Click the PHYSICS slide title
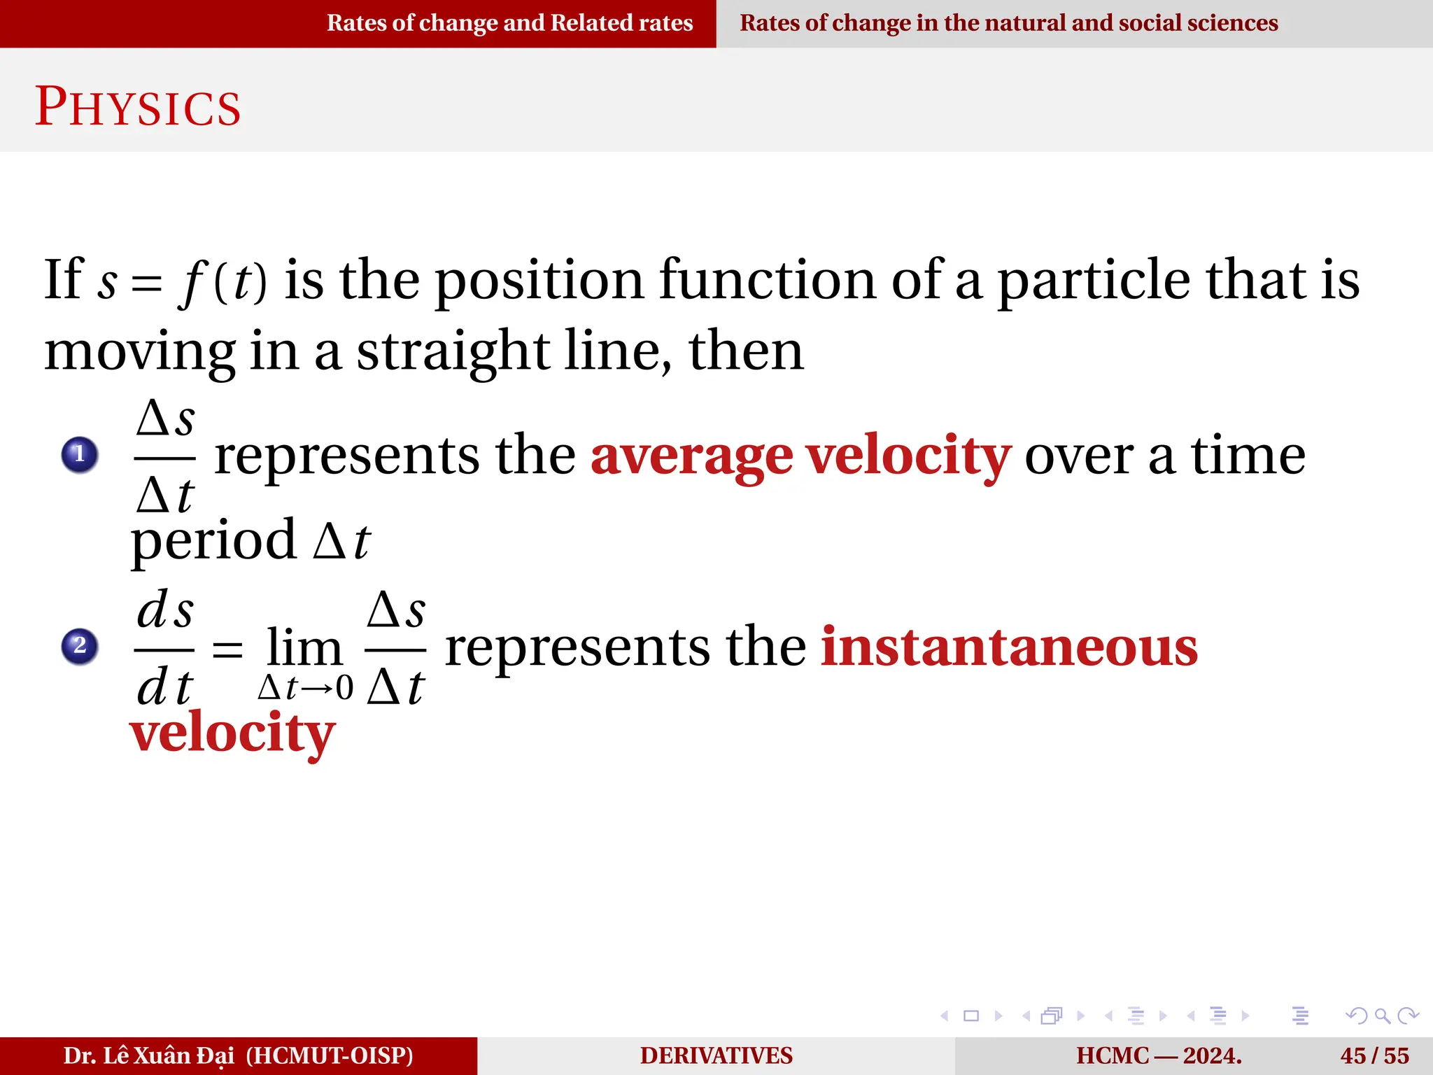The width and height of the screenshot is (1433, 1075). click(x=138, y=107)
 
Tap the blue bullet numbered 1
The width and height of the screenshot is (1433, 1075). click(x=80, y=454)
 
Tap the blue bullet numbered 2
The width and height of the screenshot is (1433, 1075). click(x=80, y=645)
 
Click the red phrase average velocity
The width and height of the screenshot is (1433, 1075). click(x=800, y=456)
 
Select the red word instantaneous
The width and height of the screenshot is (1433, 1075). click(x=1008, y=647)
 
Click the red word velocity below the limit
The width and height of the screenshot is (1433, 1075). click(x=232, y=733)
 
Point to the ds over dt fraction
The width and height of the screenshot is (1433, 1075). click(x=164, y=647)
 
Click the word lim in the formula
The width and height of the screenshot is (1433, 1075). click(x=304, y=647)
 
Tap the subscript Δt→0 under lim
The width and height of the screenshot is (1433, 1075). click(x=306, y=688)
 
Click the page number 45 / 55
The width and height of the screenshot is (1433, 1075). click(x=1374, y=1055)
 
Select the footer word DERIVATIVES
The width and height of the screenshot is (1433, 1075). click(x=716, y=1055)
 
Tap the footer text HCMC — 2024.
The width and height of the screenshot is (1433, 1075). click(x=1159, y=1055)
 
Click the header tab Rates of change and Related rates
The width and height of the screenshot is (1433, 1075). click(x=509, y=23)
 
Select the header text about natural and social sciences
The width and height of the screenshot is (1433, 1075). click(x=1008, y=23)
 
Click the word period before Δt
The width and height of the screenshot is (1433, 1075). click(x=213, y=541)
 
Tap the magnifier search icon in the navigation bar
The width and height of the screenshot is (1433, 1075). click(x=1382, y=1016)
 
